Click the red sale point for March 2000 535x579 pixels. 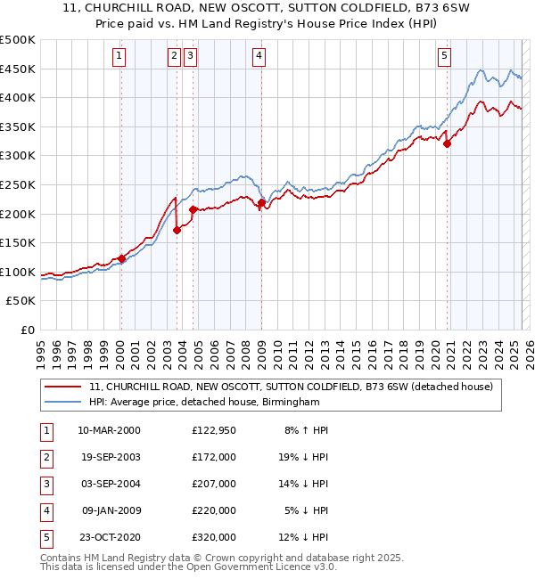pyautogui.click(x=121, y=259)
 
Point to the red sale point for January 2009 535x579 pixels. pyautogui.click(x=261, y=203)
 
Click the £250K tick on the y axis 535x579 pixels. pyautogui.click(x=20, y=185)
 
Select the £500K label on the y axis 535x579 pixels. pyautogui.click(x=20, y=40)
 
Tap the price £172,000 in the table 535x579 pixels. pyautogui.click(x=214, y=456)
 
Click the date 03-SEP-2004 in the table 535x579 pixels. pyautogui.click(x=109, y=484)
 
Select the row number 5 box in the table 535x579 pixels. pyautogui.click(x=45, y=537)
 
